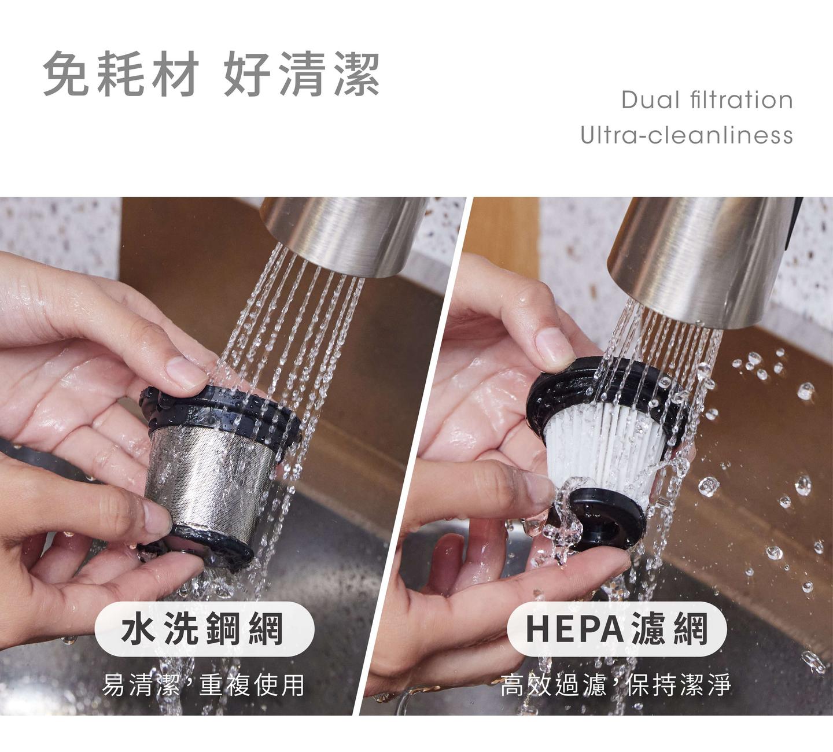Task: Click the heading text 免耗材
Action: click(x=120, y=75)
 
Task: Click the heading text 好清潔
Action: click(x=301, y=75)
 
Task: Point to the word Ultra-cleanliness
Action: click(x=687, y=135)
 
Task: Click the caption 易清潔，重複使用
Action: click(x=203, y=685)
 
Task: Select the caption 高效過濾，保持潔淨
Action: click(x=615, y=685)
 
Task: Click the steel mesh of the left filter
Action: click(x=210, y=482)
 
